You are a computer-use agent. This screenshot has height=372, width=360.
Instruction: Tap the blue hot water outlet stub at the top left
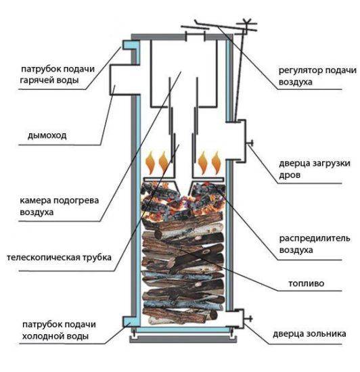click(x=126, y=45)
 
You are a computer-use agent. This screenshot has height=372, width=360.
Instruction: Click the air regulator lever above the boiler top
click(x=223, y=29)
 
